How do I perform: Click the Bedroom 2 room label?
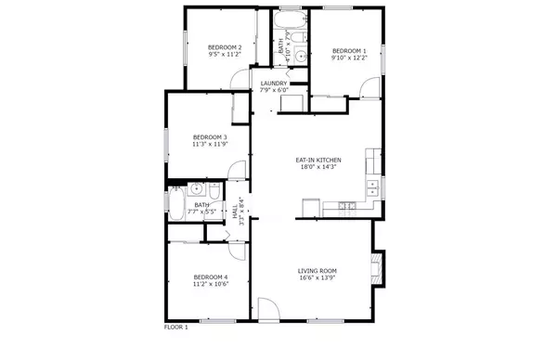point(225,47)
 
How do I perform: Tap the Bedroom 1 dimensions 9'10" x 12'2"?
point(349,58)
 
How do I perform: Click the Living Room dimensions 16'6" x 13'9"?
point(317,277)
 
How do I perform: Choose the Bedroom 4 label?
point(211,276)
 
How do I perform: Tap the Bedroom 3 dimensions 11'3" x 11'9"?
point(210,144)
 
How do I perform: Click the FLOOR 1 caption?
point(176,328)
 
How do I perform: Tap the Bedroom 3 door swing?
point(237,170)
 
